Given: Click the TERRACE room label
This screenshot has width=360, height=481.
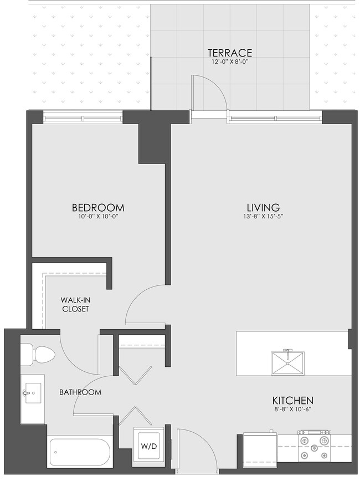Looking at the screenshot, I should point(230,53).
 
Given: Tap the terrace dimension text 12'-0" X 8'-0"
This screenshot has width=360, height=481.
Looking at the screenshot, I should point(230,62).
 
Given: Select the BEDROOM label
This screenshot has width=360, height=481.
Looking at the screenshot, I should point(98,208).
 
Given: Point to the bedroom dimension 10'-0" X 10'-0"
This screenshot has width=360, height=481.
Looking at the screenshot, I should point(98,217).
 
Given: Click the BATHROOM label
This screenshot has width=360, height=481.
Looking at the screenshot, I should point(80,392).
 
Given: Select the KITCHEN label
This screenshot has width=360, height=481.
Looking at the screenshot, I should point(293,400).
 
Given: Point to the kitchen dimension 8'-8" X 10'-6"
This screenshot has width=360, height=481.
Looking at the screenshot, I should point(293,410).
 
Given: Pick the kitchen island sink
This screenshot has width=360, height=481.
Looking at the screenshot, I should point(287,365).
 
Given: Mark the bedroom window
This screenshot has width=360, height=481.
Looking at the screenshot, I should point(83,117).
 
